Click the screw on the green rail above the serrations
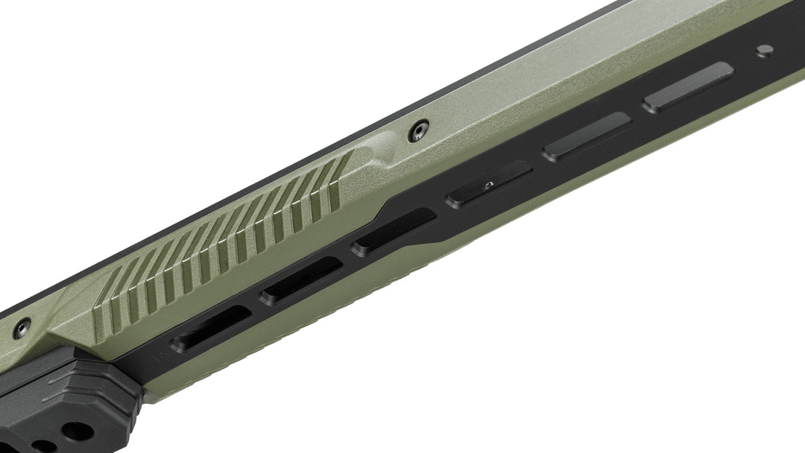tap(417, 132)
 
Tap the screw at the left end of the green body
tap(22, 326)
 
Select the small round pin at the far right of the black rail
tap(765, 51)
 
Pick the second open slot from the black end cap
tap(301, 280)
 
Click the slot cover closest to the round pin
tap(688, 86)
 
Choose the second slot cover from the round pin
tap(587, 136)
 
